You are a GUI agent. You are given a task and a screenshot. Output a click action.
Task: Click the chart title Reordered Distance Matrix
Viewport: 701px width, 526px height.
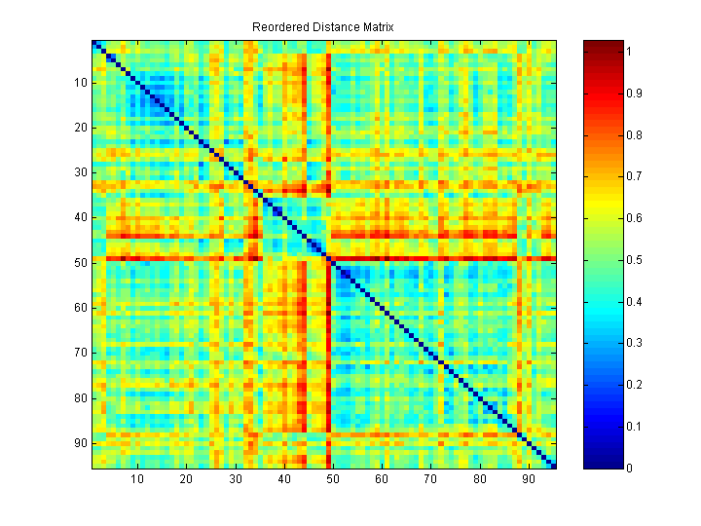tap(322, 27)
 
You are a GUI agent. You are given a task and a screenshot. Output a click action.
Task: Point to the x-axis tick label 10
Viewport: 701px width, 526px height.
tap(137, 479)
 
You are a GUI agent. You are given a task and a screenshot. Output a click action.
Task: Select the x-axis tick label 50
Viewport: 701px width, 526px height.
tap(333, 479)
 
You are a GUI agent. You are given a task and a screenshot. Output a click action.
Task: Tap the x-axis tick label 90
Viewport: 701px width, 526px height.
tap(528, 479)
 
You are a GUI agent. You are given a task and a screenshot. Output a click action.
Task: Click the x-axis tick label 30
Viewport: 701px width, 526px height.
tap(236, 479)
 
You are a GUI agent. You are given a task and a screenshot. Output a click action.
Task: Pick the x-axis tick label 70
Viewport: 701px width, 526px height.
tap(430, 479)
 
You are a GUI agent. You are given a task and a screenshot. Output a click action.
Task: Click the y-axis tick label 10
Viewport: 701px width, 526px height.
tap(80, 82)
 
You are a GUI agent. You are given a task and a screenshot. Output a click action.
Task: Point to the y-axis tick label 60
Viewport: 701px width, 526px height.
tap(80, 308)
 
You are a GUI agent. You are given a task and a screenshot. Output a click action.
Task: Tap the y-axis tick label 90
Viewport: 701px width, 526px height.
tap(80, 443)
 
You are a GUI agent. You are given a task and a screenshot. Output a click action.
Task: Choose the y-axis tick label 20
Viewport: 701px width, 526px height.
tap(80, 128)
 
